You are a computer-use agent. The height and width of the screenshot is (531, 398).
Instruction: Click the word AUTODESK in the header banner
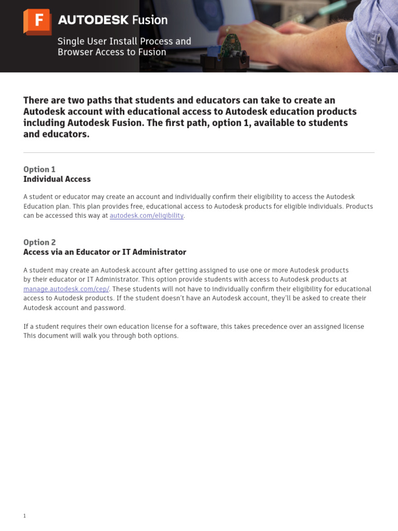click(x=93, y=20)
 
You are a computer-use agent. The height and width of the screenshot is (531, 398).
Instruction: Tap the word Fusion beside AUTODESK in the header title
click(x=150, y=20)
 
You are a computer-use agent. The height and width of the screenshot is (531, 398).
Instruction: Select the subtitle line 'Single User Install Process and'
click(x=124, y=41)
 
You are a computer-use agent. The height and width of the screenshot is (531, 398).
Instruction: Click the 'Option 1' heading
click(x=39, y=170)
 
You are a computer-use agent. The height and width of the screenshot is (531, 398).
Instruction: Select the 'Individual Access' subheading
click(x=57, y=179)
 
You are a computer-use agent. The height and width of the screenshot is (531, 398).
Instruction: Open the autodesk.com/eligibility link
click(x=147, y=216)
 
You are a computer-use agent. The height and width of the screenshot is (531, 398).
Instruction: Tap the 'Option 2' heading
click(x=39, y=242)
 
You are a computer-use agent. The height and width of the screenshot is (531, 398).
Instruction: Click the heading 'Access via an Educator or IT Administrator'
click(x=105, y=252)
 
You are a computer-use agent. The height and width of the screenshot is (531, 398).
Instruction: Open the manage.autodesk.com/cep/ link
click(x=66, y=289)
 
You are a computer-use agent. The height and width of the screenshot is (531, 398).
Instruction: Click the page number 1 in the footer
click(x=24, y=516)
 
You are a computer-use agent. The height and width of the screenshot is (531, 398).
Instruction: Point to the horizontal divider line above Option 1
click(x=199, y=152)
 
